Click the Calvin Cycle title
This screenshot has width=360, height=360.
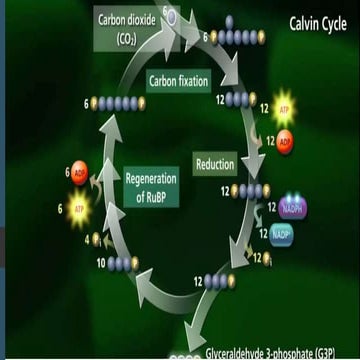pos(319,22)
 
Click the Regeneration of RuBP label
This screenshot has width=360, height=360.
pos(150,188)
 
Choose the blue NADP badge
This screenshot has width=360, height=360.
pos(283,234)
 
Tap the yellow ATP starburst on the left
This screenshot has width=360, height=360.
pos(79,208)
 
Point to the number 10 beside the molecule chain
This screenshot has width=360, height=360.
pos(101,263)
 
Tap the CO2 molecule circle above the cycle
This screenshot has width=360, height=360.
pos(171,14)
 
